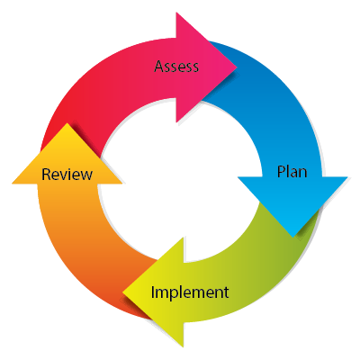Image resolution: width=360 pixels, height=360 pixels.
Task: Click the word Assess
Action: coord(176,67)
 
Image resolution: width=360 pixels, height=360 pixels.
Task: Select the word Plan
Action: coord(292,172)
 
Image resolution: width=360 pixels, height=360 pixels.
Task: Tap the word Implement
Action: coord(190,292)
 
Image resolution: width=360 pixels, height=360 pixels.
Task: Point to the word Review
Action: coord(67,174)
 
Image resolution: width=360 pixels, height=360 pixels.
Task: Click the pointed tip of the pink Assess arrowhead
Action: coord(237,67)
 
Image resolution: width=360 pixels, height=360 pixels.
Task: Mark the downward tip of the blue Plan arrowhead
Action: coord(293,238)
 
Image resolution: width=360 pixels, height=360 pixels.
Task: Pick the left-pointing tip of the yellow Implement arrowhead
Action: coord(123,292)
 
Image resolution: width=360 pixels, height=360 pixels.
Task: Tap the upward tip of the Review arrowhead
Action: coord(67,123)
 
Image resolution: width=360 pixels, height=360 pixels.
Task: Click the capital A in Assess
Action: coord(159,67)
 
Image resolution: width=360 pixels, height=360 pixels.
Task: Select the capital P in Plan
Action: coord(281,172)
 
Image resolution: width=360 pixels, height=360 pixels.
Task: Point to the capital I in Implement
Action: coord(153,292)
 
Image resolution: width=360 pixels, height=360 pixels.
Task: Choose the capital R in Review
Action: coord(46,175)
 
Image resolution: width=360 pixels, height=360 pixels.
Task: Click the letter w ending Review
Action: coord(86,175)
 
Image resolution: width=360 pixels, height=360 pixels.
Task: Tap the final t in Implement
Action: coord(226,292)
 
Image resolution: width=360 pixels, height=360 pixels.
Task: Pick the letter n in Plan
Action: coord(303,174)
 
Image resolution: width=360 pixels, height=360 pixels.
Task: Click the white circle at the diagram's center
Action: coord(180,179)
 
